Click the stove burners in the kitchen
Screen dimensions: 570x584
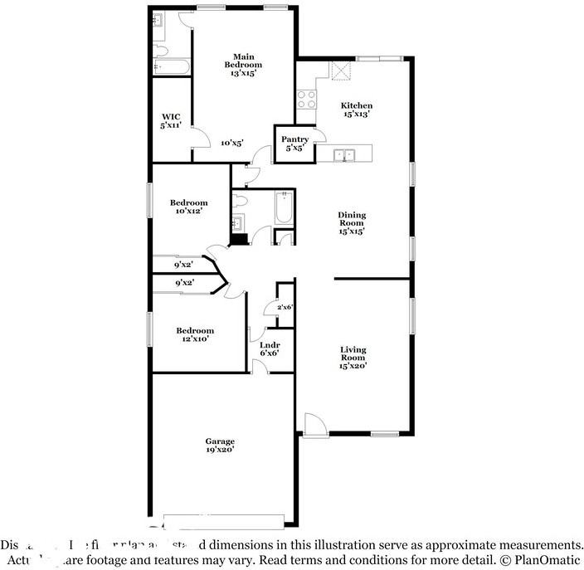[x=306, y=99]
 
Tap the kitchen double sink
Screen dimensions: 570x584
[x=344, y=154]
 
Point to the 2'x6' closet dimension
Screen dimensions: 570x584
[x=285, y=308]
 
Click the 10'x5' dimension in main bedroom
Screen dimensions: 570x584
[x=231, y=143]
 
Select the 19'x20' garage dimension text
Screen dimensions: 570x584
[x=220, y=450]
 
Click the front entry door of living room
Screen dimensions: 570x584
[x=314, y=425]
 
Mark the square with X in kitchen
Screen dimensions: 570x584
[x=341, y=72]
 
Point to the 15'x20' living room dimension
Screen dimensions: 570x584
[x=353, y=364]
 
